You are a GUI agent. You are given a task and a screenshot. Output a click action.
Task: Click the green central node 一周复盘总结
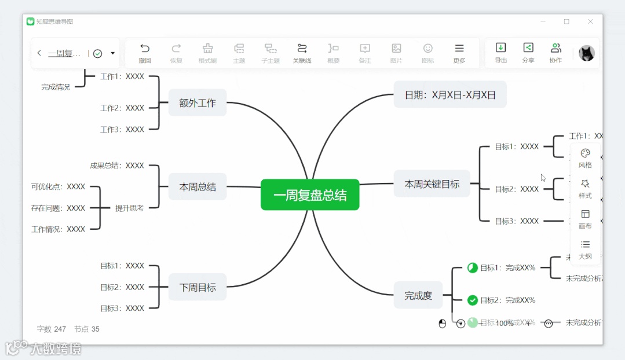310,195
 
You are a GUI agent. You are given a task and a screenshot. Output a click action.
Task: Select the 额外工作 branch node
198,103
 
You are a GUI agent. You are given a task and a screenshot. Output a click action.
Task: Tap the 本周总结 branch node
198,186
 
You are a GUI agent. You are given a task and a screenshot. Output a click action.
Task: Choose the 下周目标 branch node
198,287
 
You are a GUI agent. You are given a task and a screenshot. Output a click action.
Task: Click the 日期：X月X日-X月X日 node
450,94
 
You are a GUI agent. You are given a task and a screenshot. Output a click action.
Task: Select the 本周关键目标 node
432,184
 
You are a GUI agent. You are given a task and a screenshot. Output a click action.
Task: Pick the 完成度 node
418,295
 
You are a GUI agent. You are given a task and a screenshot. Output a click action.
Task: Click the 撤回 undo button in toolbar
145,53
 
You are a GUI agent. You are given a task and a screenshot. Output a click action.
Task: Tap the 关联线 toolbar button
302,53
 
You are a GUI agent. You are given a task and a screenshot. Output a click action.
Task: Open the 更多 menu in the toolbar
459,53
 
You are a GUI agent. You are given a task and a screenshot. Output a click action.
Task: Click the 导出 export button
501,53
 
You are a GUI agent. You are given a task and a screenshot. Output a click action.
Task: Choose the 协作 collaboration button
555,53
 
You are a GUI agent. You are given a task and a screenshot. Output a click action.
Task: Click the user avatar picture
587,53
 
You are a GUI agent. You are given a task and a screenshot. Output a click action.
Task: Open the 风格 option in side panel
585,158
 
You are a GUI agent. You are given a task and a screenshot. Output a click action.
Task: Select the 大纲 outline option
585,249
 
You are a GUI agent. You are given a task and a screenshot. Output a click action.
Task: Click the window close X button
590,21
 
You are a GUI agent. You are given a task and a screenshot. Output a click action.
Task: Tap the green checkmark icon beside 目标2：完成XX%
473,300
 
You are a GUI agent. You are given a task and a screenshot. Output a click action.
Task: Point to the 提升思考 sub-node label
129,208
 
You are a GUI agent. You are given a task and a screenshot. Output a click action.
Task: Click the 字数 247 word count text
52,329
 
